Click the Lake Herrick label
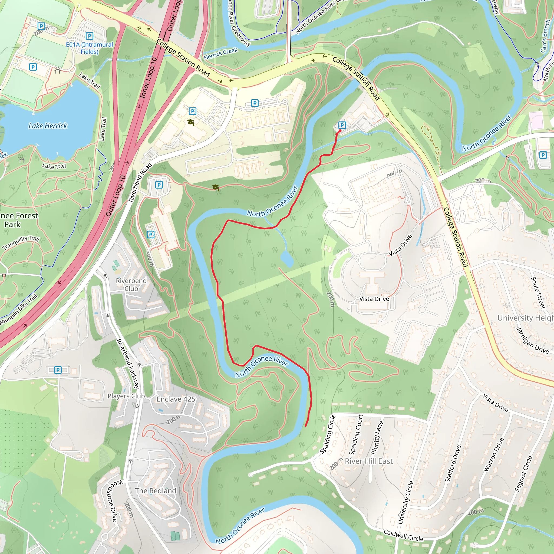[48, 126]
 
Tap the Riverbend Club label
[131, 285]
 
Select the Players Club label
[126, 396]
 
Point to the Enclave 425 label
[176, 399]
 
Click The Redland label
[156, 491]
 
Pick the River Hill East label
[369, 461]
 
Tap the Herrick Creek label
[220, 54]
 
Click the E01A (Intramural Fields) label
[90, 48]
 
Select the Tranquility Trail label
[21, 243]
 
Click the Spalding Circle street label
[328, 434]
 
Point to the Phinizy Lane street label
[377, 438]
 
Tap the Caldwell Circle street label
[403, 535]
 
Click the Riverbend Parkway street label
[128, 363]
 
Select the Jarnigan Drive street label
[532, 340]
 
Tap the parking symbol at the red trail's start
[342, 125]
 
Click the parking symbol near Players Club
[58, 370]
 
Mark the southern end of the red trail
[306, 426]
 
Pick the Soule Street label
[538, 292]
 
